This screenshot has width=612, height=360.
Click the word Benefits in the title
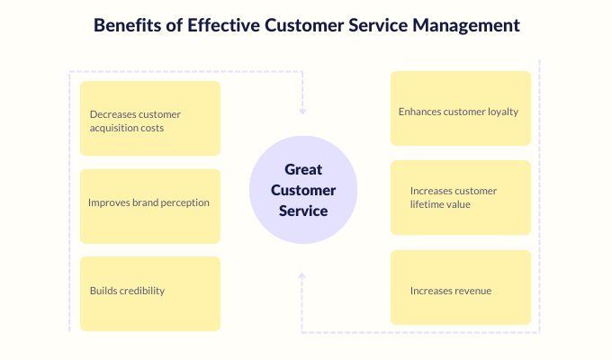[127, 25]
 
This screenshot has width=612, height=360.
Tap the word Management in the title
[466, 26]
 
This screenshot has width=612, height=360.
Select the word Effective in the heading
[223, 25]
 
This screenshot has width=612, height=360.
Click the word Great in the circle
[303, 169]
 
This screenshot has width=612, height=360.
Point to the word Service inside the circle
[303, 211]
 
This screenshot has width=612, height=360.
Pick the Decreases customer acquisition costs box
[150, 118]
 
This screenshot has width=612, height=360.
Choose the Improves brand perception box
[150, 206]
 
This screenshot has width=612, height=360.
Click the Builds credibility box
[150, 293]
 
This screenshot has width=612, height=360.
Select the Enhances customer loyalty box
[461, 108]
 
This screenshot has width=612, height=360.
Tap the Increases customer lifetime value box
[461, 198]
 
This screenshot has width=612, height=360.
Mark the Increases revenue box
[461, 287]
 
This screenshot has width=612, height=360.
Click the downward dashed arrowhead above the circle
[302, 112]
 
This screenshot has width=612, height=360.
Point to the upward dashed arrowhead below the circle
[301, 276]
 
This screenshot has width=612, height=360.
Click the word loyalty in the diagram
[503, 112]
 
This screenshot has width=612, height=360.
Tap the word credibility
[142, 291]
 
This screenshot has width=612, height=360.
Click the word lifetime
[426, 204]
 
